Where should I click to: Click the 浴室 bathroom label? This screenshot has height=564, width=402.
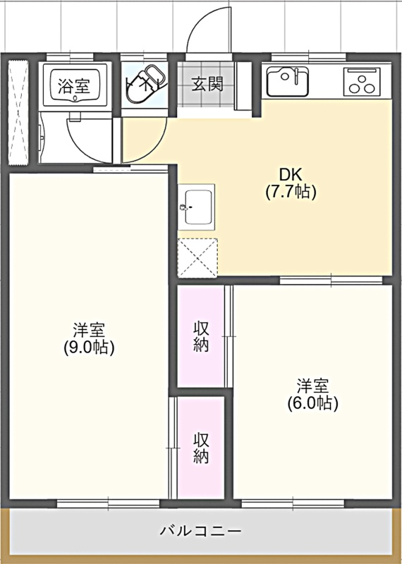tap(74, 85)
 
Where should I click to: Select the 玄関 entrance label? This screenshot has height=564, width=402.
tap(207, 84)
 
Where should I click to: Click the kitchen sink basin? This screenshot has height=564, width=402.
tap(287, 82)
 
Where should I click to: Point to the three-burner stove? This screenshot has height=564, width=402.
tap(362, 82)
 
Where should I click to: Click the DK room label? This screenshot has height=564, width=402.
tap(291, 175)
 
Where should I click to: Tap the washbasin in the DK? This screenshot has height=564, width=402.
tap(196, 207)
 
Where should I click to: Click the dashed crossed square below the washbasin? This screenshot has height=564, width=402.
tap(197, 258)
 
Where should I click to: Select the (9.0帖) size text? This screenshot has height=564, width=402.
tap(89, 347)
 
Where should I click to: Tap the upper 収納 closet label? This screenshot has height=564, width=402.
tap(201, 337)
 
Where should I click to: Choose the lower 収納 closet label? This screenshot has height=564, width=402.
tap(201, 448)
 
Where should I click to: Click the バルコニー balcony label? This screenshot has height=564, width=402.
tap(201, 531)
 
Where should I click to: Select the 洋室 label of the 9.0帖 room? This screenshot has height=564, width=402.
tap(89, 330)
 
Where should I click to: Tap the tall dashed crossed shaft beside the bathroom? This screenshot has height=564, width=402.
tap(18, 113)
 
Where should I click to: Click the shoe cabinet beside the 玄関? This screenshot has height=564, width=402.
tap(243, 86)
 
